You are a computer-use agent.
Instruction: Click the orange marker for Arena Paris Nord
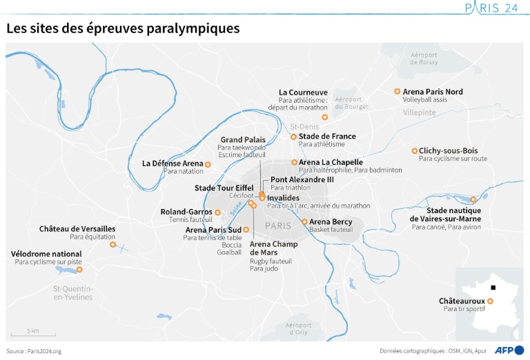pyautogui.click(x=397, y=91)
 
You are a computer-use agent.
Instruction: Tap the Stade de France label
pyautogui.click(x=327, y=137)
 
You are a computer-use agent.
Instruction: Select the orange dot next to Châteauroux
pyautogui.click(x=490, y=301)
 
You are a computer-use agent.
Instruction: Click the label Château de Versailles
pyautogui.click(x=77, y=228)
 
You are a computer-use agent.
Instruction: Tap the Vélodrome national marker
pyautogui.click(x=79, y=270)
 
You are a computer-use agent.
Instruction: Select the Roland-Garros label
pyautogui.click(x=186, y=212)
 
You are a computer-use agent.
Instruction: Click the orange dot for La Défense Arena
pyautogui.click(x=208, y=163)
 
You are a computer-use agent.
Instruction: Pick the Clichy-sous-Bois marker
pyautogui.click(x=414, y=151)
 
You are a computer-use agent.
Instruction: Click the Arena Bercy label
pyautogui.click(x=331, y=222)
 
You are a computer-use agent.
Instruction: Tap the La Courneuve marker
pyautogui.click(x=324, y=117)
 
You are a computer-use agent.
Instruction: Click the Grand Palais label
pyautogui.click(x=242, y=139)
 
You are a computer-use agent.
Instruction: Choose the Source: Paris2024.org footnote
pyautogui.click(x=34, y=351)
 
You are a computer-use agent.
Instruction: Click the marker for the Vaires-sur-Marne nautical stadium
pyautogui.click(x=473, y=199)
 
